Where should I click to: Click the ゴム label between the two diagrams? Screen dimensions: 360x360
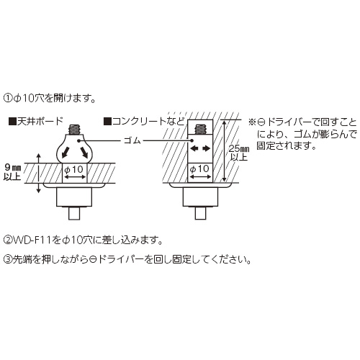(x=132, y=140)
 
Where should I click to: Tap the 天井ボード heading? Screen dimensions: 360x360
(x=40, y=122)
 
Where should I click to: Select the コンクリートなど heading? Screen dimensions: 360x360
(x=148, y=122)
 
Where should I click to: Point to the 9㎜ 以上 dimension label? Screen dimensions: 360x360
(x=12, y=172)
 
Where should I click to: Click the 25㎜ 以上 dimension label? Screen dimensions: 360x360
(x=238, y=153)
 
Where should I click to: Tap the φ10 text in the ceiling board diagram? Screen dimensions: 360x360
(x=74, y=170)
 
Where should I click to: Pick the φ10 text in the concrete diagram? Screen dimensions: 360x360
(x=199, y=169)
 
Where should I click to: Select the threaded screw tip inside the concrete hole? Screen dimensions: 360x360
(x=200, y=130)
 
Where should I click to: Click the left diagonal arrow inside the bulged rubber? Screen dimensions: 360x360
(x=66, y=152)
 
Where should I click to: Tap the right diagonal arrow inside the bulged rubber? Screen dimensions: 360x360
(x=84, y=152)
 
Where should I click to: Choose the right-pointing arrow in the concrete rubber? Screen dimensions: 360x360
(x=207, y=149)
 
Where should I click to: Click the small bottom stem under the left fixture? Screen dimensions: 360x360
(x=74, y=213)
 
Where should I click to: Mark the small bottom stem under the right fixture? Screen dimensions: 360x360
(x=200, y=213)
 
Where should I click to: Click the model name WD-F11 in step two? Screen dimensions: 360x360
(x=32, y=240)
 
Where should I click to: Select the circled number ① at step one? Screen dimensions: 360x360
(x=8, y=99)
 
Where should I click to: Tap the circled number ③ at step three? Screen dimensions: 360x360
(x=8, y=260)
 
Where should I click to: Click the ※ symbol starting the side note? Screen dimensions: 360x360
(x=252, y=122)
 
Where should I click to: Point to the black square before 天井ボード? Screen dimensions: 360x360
(x=12, y=122)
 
